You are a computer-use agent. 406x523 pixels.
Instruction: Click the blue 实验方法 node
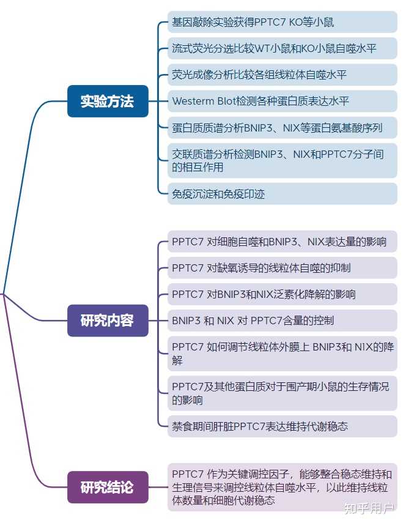pyautogui.click(x=108, y=101)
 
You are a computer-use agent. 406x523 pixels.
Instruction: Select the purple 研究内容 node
pyautogui.click(x=108, y=320)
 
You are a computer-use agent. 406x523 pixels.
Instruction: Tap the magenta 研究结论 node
pyautogui.click(x=108, y=487)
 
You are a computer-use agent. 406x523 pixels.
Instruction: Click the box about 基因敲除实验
pyautogui.click(x=282, y=22)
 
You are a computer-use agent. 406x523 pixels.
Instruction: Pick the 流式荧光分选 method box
pyautogui.click(x=282, y=48)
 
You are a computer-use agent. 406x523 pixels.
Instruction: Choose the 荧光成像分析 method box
pyautogui.click(x=282, y=75)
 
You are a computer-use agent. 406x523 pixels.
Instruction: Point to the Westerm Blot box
pyautogui.click(x=282, y=101)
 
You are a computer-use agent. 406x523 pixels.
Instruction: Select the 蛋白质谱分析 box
pyautogui.click(x=282, y=127)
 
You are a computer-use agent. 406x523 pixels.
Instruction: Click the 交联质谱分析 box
pyautogui.click(x=282, y=160)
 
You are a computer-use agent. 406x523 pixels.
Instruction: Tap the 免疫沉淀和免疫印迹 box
pyautogui.click(x=282, y=194)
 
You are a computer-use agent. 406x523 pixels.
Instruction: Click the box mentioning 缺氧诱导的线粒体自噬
pyautogui.click(x=282, y=268)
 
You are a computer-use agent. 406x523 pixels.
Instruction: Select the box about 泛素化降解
pyautogui.click(x=282, y=294)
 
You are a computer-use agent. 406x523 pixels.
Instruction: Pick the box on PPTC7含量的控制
pyautogui.click(x=282, y=320)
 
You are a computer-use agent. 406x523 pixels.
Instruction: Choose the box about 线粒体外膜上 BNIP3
pyautogui.click(x=282, y=353)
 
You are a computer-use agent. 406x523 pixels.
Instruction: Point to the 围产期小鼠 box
pyautogui.click(x=282, y=393)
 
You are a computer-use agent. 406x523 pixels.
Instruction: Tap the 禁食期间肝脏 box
pyautogui.click(x=282, y=426)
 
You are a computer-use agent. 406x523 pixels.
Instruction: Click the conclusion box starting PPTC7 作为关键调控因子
pyautogui.click(x=282, y=487)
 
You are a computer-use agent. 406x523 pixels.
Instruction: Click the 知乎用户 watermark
pyautogui.click(x=369, y=508)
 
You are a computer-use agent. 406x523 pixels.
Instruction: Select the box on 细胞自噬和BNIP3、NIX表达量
pyautogui.click(x=282, y=242)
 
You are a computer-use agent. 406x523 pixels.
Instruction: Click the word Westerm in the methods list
pyautogui.click(x=193, y=101)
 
